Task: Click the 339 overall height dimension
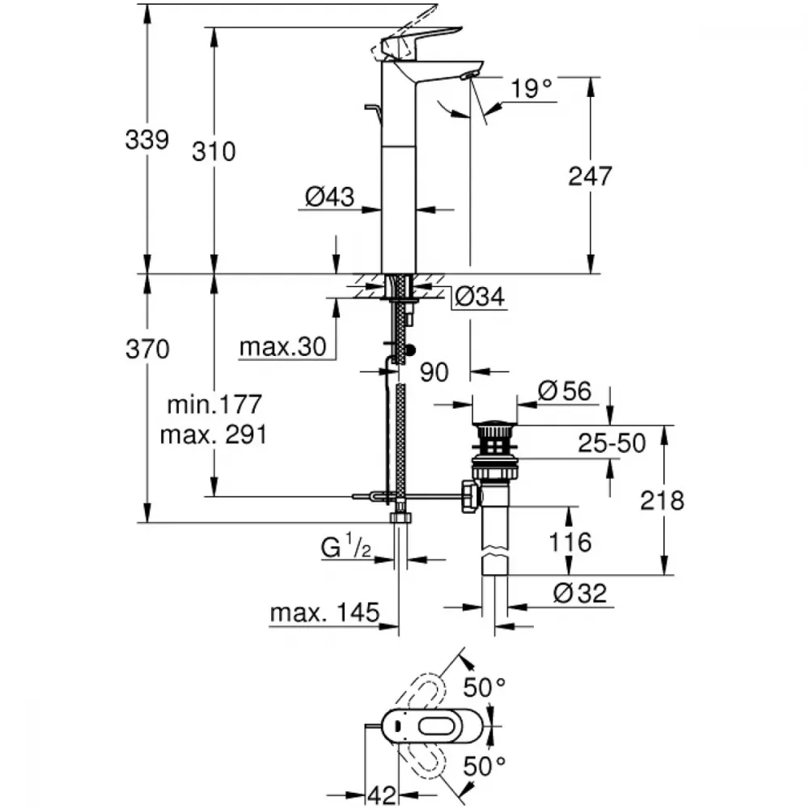coord(147,140)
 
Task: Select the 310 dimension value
coord(214,152)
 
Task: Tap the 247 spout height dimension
coord(591,176)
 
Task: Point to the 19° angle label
coord(532,88)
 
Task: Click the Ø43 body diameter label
coord(330,197)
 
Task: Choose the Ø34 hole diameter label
coord(480,296)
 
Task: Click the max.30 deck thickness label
coord(283,347)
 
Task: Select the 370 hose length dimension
coord(147,349)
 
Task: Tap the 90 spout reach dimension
coord(434,372)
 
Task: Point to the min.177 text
coord(214,404)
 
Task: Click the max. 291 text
coord(214,435)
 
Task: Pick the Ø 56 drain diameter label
coord(565,391)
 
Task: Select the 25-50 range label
coord(612,443)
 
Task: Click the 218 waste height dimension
coord(663,501)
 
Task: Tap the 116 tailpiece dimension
coord(570,542)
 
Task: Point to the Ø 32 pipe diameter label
coord(580,593)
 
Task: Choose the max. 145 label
coord(325,613)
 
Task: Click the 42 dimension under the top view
coord(382,795)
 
